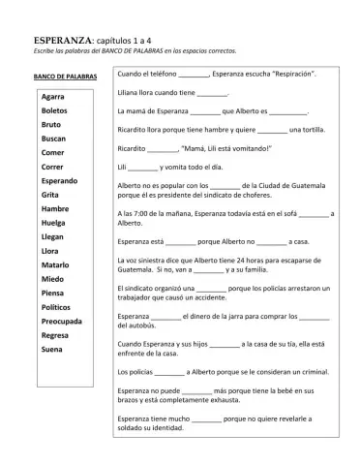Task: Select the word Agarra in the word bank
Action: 53,97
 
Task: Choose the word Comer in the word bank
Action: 52,153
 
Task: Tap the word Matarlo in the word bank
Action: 55,264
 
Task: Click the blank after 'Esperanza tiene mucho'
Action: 206,419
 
